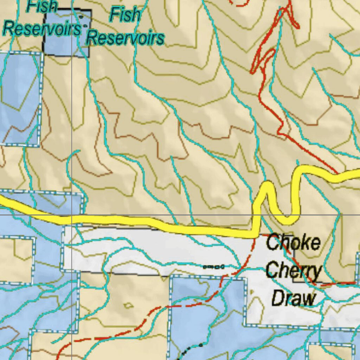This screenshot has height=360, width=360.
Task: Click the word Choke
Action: pos(293,243)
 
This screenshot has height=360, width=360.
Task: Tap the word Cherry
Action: pos(294,271)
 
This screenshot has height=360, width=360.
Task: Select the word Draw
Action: pos(294,299)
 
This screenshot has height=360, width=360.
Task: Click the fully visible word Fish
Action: pos(125,15)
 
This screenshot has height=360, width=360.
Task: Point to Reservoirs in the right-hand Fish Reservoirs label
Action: pos(125,37)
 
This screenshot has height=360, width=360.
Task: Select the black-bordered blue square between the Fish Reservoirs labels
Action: pos(67,33)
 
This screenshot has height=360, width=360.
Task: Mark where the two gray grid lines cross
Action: pos(72,215)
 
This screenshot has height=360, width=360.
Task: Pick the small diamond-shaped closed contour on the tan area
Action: pos(129,305)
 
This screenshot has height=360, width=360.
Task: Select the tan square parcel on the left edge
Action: pos(16,260)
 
